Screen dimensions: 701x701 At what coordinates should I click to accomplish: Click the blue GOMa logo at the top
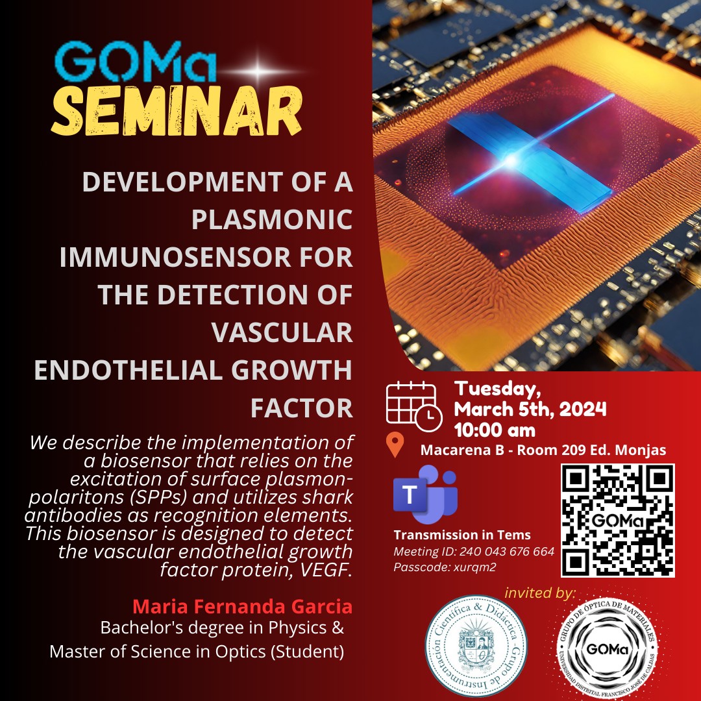136,62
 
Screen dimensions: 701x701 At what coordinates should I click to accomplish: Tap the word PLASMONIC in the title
272,219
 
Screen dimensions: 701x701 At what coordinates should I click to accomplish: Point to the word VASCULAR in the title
282,332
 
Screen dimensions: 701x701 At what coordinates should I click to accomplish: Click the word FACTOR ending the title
302,408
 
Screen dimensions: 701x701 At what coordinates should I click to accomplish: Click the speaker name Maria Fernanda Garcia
242,607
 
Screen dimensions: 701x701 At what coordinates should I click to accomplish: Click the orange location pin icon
395,445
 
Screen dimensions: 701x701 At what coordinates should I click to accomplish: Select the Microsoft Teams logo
425,494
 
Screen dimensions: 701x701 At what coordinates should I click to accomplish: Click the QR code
618,521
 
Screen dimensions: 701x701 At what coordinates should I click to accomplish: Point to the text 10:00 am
495,430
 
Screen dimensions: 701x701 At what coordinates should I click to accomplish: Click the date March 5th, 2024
530,409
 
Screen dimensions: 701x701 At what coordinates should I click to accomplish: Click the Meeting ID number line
474,551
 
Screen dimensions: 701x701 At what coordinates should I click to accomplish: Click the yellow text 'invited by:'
540,593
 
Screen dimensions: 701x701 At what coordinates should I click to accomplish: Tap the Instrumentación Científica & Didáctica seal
476,646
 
